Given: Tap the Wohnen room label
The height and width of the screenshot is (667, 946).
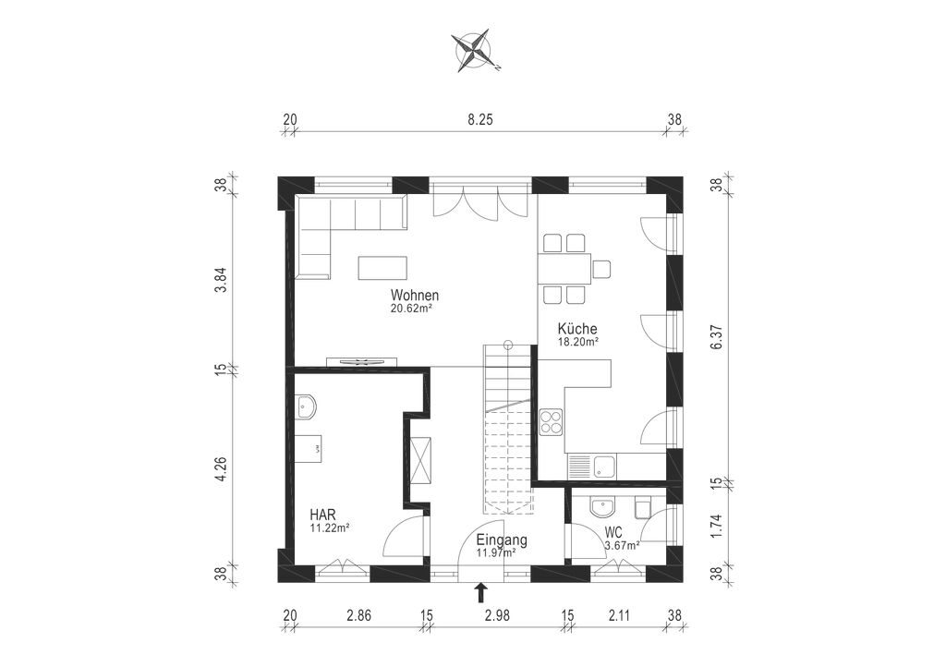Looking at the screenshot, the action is [415, 296].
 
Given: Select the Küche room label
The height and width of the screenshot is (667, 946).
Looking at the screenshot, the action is [577, 329].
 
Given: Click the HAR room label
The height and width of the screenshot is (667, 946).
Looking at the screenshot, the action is [322, 515].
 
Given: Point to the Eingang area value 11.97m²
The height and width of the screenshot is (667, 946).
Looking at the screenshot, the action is [496, 552].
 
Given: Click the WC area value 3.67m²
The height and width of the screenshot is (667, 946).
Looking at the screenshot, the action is [623, 546].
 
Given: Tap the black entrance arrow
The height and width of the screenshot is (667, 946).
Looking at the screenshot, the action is [480, 592].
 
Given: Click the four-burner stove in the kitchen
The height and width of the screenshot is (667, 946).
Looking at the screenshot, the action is [551, 421].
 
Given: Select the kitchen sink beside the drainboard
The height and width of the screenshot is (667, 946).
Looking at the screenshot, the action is [605, 467].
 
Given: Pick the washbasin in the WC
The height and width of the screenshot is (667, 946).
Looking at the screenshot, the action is [601, 507].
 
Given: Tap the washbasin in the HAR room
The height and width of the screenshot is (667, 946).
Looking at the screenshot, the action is [306, 406].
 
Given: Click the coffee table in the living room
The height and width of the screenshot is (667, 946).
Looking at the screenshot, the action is [382, 268].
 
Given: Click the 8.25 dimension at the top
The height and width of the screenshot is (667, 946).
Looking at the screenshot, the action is [480, 119].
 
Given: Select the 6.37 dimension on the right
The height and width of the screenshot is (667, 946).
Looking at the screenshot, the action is [716, 334].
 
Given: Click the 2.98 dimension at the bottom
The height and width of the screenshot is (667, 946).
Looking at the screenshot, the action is [497, 616].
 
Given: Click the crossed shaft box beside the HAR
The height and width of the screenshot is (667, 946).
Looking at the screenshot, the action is [420, 460].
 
